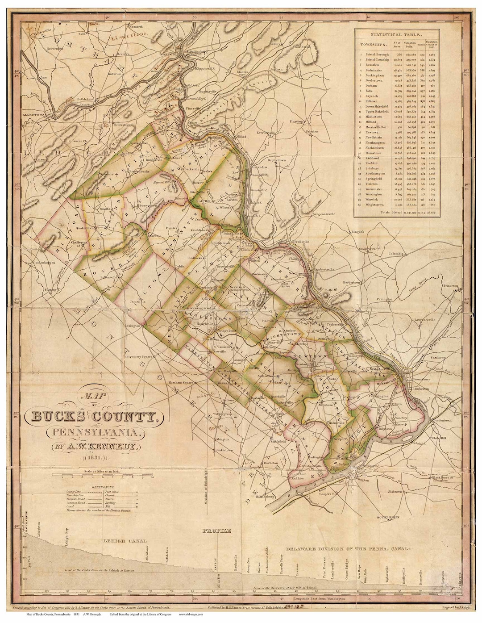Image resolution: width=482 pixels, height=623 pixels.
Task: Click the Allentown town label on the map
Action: (x=36, y=115)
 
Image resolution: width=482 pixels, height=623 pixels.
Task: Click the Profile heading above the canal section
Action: (x=217, y=531)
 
